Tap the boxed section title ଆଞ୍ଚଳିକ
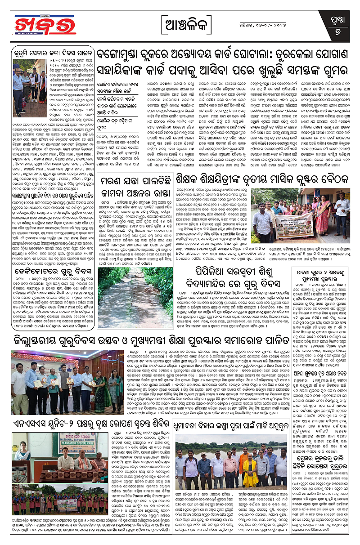pos(180,24)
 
